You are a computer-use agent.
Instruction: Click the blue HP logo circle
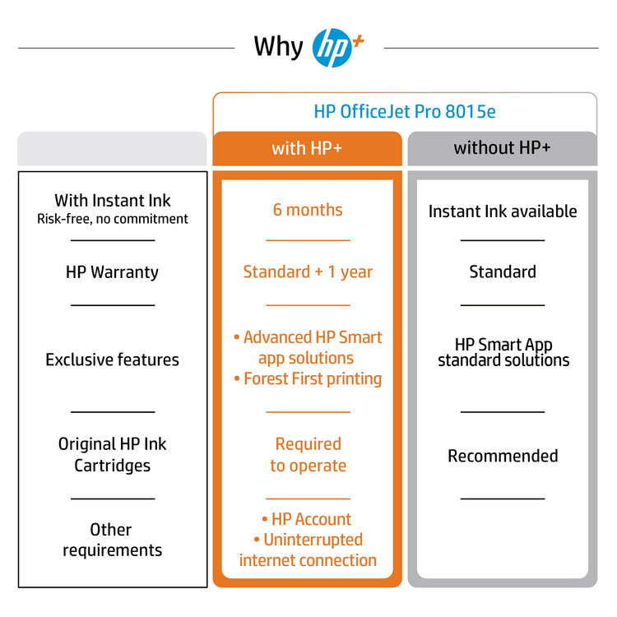(332, 48)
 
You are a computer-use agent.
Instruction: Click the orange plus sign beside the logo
(358, 41)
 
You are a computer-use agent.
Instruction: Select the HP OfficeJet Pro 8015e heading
(405, 112)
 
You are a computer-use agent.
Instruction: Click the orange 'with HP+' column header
(308, 148)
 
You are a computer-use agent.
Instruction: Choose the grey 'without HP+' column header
(503, 148)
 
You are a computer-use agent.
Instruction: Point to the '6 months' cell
(308, 210)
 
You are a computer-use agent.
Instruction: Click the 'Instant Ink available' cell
(503, 211)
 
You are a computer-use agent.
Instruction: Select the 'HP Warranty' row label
(112, 272)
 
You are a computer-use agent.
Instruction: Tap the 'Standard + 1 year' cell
(308, 272)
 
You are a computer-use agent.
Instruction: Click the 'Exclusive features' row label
(112, 360)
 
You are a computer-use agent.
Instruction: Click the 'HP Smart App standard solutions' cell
(503, 353)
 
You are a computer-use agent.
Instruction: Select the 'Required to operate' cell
(308, 455)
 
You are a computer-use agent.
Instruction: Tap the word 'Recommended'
(503, 456)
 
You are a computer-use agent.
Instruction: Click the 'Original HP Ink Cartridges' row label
(112, 455)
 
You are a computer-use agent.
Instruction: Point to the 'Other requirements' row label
(112, 540)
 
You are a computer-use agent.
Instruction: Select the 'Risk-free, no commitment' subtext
(113, 219)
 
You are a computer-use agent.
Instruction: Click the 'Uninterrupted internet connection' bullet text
(308, 550)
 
